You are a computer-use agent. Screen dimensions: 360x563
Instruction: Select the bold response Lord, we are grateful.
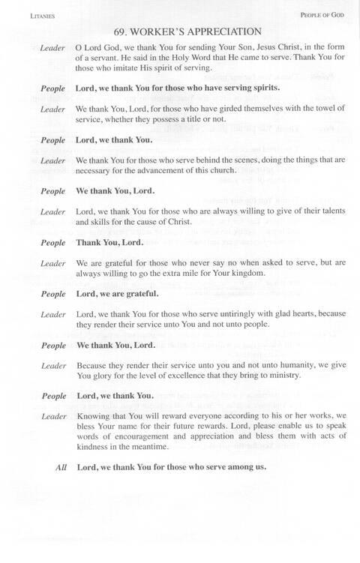115,294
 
